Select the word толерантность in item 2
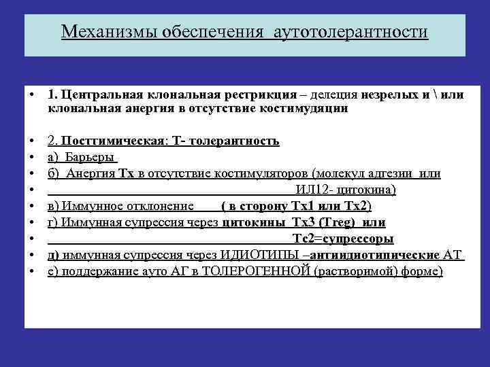[x=234, y=141]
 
